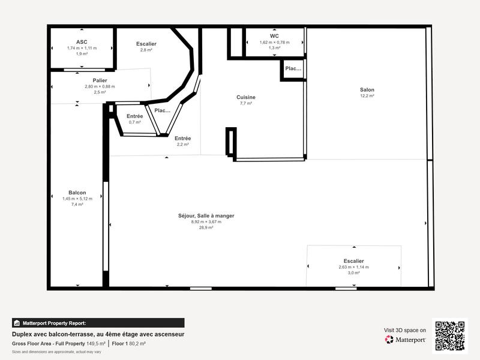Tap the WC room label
pos(274,36)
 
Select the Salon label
pos(367,90)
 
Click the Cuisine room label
pos(246,97)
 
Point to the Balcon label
pos(77,193)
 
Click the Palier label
pos(100,80)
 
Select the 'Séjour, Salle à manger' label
pos(206,215)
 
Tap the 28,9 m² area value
pos(206,228)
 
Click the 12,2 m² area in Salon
pos(367,96)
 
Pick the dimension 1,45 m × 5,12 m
pos(77,199)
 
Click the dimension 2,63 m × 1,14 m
pos(353,267)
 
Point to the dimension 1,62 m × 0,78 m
pos(274,42)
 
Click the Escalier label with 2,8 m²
pos(146,44)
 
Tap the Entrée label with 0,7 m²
pos(134,116)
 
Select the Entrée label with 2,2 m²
pos(182,138)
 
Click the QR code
pos(449,336)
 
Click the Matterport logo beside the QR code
pos(406,340)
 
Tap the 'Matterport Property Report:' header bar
pos(98,323)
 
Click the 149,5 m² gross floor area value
pos(95,344)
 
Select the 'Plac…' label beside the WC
pos(293,68)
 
